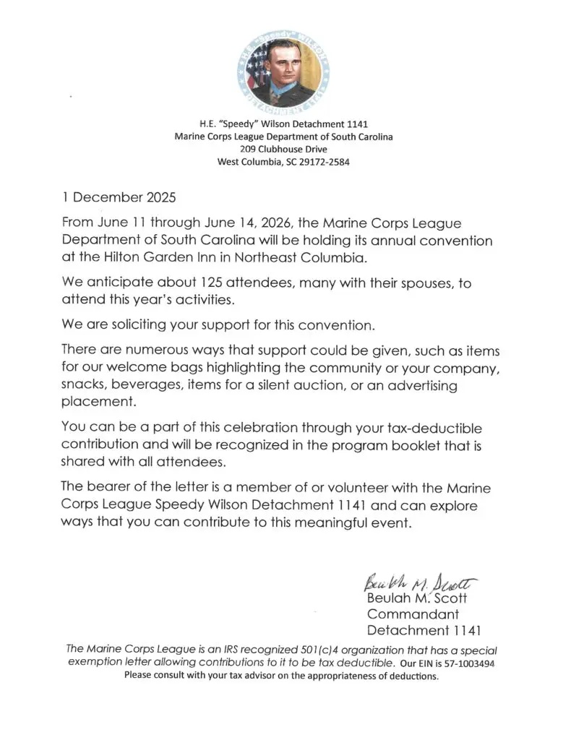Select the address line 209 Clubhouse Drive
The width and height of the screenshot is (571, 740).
coord(283,150)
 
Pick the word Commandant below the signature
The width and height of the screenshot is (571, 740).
coord(413,614)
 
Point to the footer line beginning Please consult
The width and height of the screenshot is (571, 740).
coord(282,676)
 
